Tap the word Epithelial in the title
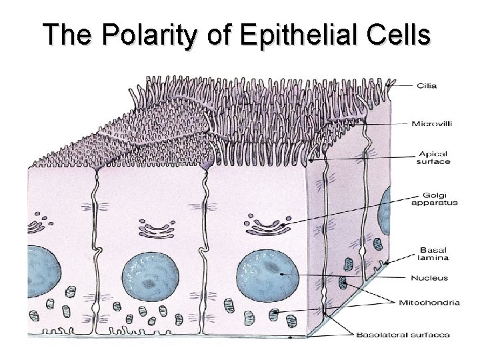pyautogui.click(x=293, y=35)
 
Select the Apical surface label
pyautogui.click(x=433, y=156)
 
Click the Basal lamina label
pyautogui.click(x=434, y=254)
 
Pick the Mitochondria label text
pyautogui.click(x=435, y=302)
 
